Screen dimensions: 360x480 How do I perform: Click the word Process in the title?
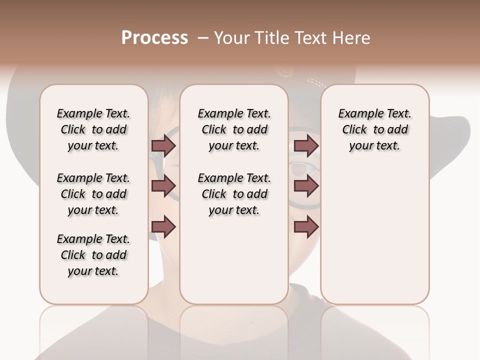(154, 37)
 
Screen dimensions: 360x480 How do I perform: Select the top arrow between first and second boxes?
(164, 145)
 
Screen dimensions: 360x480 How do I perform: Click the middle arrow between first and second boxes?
(164, 186)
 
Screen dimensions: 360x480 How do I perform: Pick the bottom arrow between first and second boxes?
(164, 227)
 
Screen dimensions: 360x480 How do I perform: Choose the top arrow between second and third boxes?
(306, 145)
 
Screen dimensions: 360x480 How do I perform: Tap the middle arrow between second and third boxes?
(306, 186)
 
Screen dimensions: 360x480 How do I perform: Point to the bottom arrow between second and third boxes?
(306, 227)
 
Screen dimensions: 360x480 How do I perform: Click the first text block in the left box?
(93, 129)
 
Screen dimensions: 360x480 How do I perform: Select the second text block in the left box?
(93, 194)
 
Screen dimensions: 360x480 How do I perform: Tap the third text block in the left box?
(93, 255)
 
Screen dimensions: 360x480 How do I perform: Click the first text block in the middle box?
(234, 129)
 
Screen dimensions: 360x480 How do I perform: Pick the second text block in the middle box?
(234, 194)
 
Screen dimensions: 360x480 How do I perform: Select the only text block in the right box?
(374, 129)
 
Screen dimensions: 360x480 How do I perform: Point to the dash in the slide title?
(203, 38)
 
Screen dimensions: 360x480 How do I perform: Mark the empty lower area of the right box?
(374, 235)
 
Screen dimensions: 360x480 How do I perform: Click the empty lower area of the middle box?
(234, 260)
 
